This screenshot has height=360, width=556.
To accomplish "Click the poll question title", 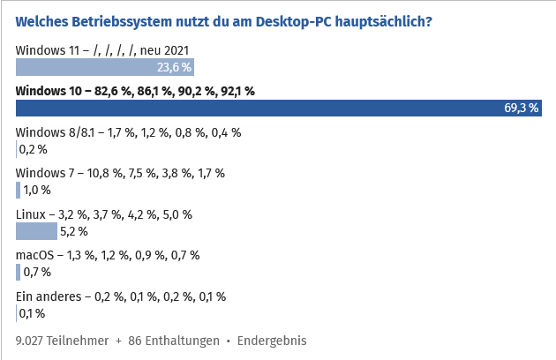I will [x=224, y=19].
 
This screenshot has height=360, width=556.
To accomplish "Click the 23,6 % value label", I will [x=174, y=66].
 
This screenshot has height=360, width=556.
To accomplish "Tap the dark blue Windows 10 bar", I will [x=265, y=108].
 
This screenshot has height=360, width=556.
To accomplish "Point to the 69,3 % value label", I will [x=521, y=108].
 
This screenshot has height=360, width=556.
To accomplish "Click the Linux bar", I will [x=37, y=231].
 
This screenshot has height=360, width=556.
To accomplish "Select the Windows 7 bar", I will [x=19, y=190].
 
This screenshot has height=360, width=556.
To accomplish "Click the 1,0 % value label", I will [x=37, y=190].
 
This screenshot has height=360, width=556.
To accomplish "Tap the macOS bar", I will [x=18, y=272].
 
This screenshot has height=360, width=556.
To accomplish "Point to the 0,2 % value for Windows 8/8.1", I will [x=34, y=149].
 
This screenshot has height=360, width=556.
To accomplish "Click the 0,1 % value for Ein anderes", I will [x=32, y=312].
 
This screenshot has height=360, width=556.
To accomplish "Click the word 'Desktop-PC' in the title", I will [x=295, y=19].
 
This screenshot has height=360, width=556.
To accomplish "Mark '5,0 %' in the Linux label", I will [x=177, y=214].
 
